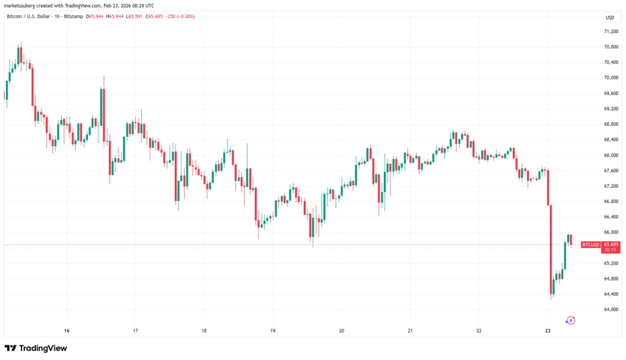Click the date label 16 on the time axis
[67, 331]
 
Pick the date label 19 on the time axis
[273, 331]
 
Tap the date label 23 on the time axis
[548, 331]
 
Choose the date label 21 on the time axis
[410, 331]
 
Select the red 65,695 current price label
[611, 244]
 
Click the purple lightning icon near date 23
[570, 320]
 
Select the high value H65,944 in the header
[116, 17]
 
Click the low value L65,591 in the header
[135, 17]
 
